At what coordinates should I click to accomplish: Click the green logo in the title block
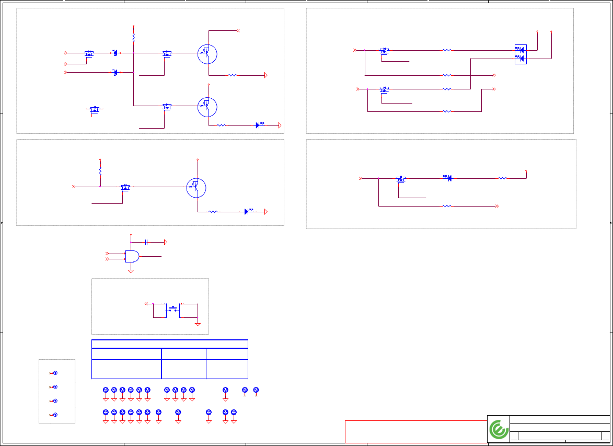[499, 429]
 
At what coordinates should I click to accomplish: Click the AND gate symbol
[132, 256]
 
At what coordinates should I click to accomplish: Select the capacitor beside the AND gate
[147, 242]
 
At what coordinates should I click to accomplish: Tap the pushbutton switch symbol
[172, 309]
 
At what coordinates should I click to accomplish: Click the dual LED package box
[521, 54]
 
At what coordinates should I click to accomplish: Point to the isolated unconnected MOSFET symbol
[95, 109]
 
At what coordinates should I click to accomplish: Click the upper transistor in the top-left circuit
[207, 53]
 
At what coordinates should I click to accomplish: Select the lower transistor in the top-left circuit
[207, 106]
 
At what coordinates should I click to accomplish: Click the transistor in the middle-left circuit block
[196, 188]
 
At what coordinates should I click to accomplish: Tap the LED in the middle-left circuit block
[247, 212]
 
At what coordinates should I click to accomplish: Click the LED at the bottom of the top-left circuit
[258, 125]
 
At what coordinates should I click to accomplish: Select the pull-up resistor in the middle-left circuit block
[100, 170]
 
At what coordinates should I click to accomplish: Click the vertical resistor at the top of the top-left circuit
[134, 38]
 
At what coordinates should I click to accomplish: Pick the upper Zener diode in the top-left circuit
[115, 53]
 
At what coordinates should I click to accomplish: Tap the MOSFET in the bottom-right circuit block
[401, 179]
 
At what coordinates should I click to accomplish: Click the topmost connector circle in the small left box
[55, 373]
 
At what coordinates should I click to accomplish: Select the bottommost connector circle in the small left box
[55, 415]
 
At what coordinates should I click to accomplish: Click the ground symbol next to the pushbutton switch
[198, 324]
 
